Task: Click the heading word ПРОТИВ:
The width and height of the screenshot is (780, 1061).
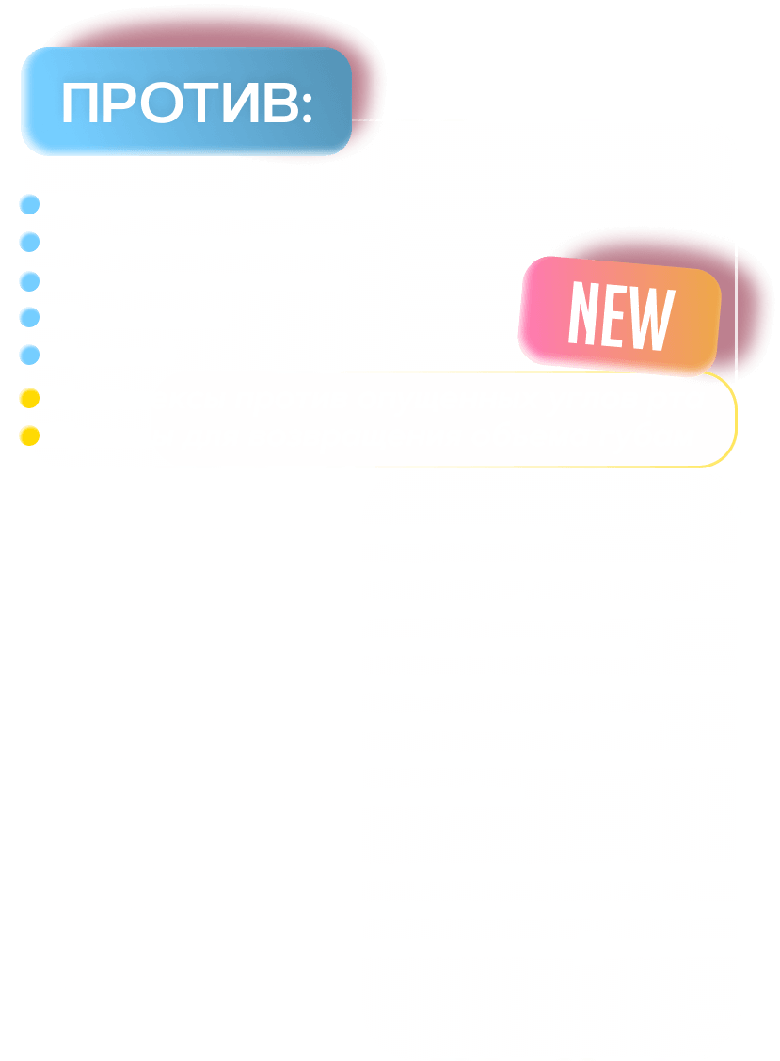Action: click(186, 103)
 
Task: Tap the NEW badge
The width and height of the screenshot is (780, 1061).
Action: click(621, 316)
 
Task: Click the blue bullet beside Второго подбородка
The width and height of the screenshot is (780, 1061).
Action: click(30, 204)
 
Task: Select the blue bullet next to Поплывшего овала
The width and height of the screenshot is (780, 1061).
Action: click(30, 242)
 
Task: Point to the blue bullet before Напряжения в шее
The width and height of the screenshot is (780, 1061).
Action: click(30, 280)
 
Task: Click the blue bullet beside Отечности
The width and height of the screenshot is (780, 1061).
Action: click(30, 317)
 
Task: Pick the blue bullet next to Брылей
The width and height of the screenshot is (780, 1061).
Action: click(30, 355)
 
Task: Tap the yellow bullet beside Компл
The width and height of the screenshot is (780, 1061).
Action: click(29, 398)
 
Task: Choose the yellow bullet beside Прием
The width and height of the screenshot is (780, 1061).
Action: click(29, 435)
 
